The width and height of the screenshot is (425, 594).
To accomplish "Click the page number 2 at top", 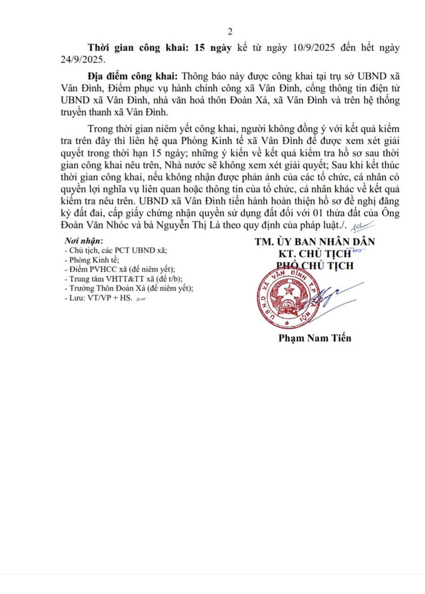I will click(230, 31).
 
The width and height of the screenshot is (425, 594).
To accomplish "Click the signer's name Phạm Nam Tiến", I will click(315, 338).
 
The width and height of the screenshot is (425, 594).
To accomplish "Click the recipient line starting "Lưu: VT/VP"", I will click(101, 299).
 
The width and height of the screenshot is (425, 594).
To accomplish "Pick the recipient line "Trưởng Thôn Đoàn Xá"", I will click(129, 289).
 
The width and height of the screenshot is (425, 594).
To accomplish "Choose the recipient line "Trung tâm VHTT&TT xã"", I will click(115, 279).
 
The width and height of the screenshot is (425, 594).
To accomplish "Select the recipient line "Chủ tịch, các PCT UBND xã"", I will click(115, 251).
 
